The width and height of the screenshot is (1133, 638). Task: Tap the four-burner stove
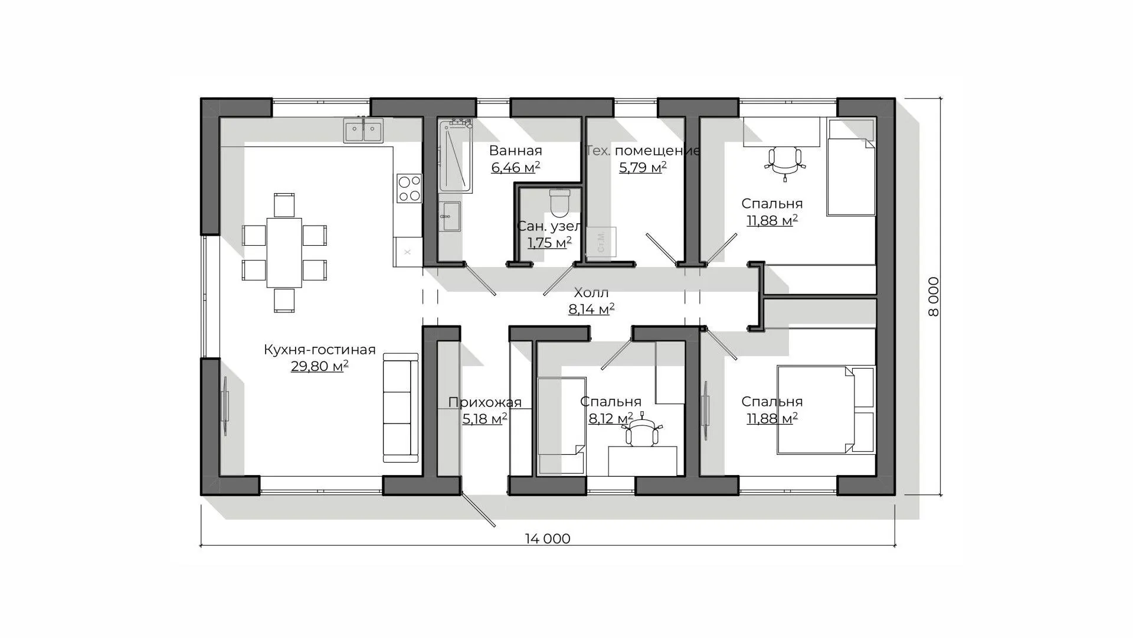pos(409,188)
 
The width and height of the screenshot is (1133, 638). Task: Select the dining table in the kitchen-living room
pos(284,252)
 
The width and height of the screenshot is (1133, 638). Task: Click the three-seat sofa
pos(400,408)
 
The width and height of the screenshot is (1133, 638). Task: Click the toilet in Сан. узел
pos(558,202)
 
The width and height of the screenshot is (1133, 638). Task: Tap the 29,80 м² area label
pos(319,366)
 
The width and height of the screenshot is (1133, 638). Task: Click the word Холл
pos(591,292)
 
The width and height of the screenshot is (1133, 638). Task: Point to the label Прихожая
pos(484,403)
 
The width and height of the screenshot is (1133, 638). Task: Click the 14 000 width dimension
pos(548,539)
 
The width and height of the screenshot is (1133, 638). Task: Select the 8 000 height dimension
pos(933,297)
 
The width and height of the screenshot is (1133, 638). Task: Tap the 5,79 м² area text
pos(643,168)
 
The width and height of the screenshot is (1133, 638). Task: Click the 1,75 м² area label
pos(549,243)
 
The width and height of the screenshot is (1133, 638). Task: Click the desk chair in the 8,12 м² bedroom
pos(642,433)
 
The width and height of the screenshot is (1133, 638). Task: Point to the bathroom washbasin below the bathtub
pos(451,217)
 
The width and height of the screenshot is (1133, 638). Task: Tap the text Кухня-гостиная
pos(319,350)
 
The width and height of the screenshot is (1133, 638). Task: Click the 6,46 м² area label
pos(516,168)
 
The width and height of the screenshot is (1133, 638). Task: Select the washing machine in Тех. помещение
pos(601,242)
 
